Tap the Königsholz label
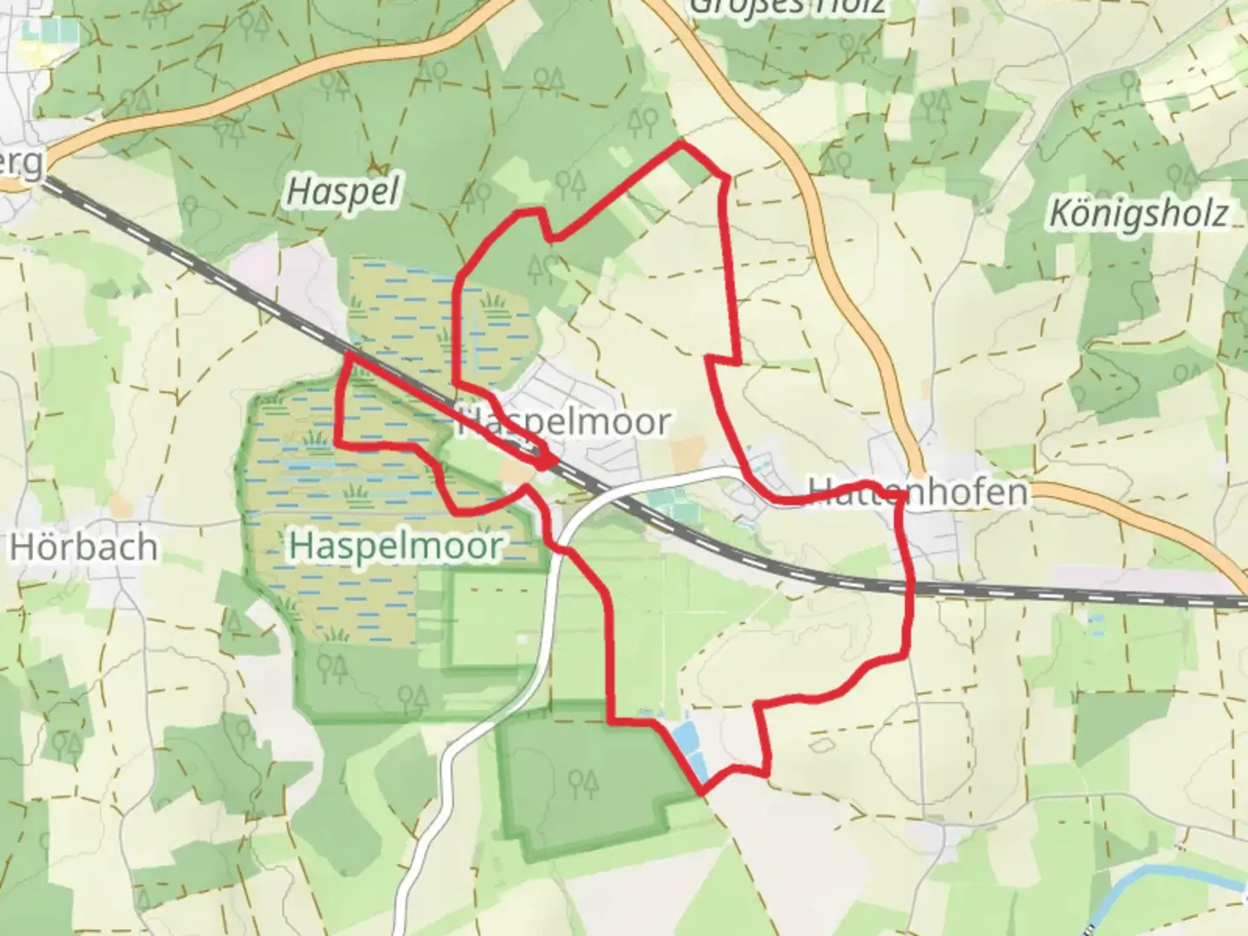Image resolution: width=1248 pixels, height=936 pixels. coord(1139,211)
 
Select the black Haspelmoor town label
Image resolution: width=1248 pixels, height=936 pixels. coord(563,422)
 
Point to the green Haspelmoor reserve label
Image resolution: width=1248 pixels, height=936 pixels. coord(396,546)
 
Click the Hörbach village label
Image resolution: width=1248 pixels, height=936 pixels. coord(84,548)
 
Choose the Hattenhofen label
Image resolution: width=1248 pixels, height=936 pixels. coord(919,492)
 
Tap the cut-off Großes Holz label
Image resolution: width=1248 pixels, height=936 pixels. coord(787,7)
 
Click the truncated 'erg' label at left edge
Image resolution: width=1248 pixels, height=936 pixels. coord(21,164)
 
